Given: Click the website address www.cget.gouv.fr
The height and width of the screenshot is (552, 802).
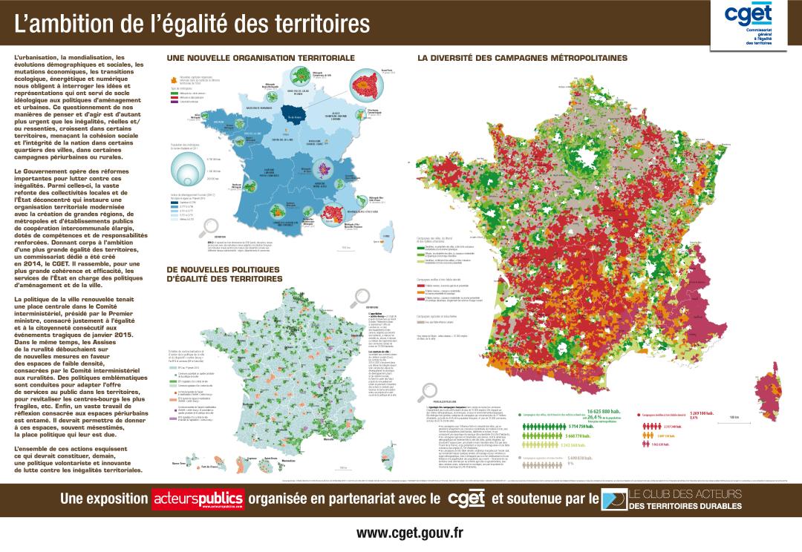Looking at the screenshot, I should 409,533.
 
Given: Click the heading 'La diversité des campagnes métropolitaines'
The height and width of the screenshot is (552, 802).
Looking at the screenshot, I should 522,57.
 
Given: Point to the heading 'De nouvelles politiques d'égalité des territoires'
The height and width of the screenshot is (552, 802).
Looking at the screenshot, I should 224,274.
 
